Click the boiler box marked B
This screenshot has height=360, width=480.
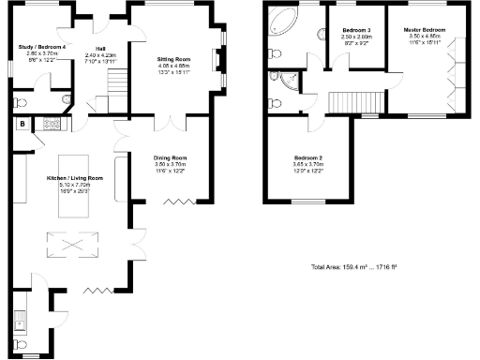[x=21, y=123]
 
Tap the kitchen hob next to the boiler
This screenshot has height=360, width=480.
[x=52, y=122]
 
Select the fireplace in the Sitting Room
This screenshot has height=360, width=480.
[x=217, y=63]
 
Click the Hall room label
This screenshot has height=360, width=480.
[x=99, y=54]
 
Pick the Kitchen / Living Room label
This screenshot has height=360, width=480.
[x=75, y=182]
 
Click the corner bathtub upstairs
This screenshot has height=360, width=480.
[x=282, y=20]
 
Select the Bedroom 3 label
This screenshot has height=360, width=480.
[x=356, y=35]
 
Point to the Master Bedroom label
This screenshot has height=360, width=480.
[x=425, y=35]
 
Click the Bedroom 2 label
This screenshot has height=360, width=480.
[x=309, y=160]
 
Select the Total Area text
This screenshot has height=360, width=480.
[x=353, y=267]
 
